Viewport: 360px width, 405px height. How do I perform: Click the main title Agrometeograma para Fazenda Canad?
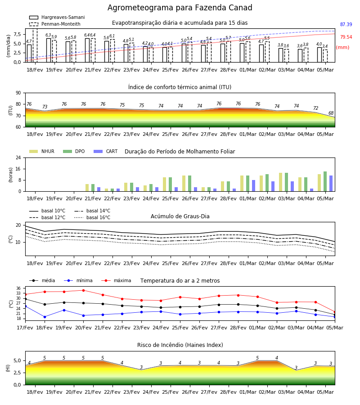[180, 8]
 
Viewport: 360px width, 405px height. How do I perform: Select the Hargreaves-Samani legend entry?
[57, 17]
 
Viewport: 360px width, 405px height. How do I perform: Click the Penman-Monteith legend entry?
[55, 24]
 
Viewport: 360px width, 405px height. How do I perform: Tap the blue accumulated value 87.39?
[346, 25]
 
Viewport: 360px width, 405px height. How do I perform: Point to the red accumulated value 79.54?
[346, 37]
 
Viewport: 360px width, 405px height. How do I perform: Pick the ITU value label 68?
[331, 113]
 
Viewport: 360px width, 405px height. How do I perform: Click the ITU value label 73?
[45, 107]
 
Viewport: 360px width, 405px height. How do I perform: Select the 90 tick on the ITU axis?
[18, 93]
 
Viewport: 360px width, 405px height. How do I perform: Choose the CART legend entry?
[106, 151]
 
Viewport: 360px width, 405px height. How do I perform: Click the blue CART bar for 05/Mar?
[331, 184]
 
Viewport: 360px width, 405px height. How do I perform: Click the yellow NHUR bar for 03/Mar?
[280, 182]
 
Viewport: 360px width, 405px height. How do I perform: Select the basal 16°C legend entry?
[92, 217]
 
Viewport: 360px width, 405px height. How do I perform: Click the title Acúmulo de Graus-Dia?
[180, 216]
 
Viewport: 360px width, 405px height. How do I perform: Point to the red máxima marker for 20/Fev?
[83, 290]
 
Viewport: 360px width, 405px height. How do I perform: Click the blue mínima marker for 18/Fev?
[45, 317]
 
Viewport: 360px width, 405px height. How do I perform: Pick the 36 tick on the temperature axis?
[18, 288]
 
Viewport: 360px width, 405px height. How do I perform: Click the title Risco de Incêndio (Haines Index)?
[180, 345]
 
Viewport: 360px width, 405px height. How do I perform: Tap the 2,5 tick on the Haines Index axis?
[17, 373]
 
